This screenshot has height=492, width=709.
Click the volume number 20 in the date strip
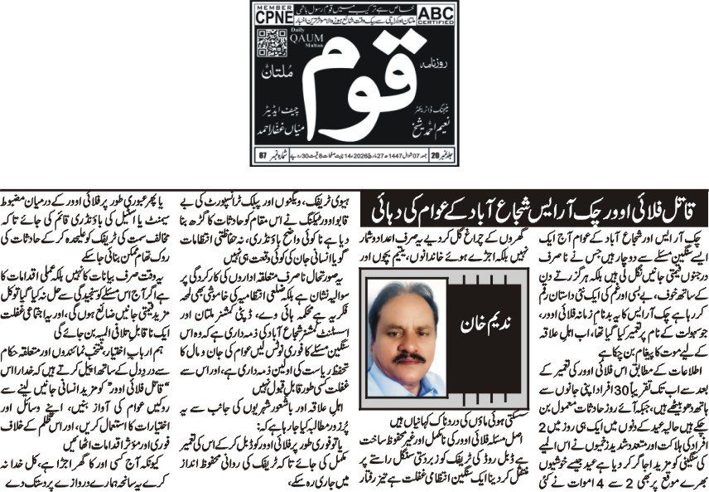441,155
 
